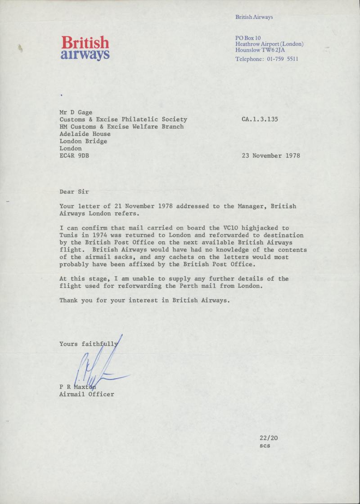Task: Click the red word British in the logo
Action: (85, 43)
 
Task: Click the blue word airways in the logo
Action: (85, 55)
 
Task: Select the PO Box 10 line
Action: (248, 38)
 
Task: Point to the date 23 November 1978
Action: (271, 156)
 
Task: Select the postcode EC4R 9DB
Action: (74, 156)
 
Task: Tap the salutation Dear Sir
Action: (74, 192)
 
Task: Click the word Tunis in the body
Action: (69, 235)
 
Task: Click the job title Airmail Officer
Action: (87, 394)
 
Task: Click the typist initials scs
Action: (265, 446)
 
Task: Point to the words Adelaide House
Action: (85, 134)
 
